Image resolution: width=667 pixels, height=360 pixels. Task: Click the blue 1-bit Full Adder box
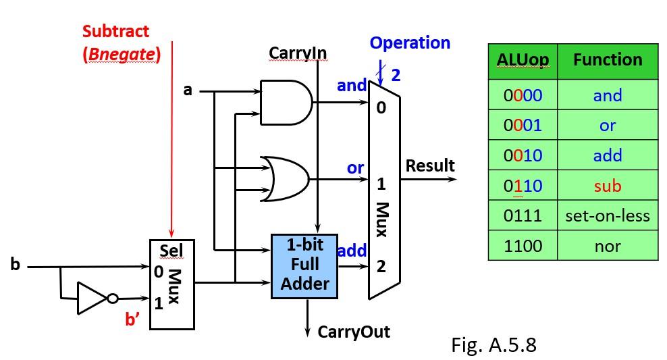point(304,266)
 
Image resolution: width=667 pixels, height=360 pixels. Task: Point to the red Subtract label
point(116,31)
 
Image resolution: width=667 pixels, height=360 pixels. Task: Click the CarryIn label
point(298,53)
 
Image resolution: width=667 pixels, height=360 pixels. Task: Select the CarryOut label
point(353,332)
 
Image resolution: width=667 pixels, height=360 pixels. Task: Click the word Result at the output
point(430,165)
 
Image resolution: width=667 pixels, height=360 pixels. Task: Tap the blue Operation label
point(410,43)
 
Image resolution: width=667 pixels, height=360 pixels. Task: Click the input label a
point(188,88)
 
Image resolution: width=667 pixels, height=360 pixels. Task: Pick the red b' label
point(132,319)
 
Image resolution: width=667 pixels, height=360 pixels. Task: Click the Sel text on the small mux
point(171,251)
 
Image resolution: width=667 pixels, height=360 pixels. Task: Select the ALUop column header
point(523,60)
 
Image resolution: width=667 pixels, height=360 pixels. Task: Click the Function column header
point(608,60)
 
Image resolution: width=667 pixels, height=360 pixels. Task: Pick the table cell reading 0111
point(523,215)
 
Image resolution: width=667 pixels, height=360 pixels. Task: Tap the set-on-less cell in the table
point(608,215)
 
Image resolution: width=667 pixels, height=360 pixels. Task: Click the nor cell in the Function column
point(608,246)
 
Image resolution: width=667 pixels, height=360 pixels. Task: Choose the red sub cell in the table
point(608,186)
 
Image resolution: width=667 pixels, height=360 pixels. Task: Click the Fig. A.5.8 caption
point(493,344)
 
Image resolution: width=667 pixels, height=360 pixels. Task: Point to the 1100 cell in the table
point(523,246)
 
